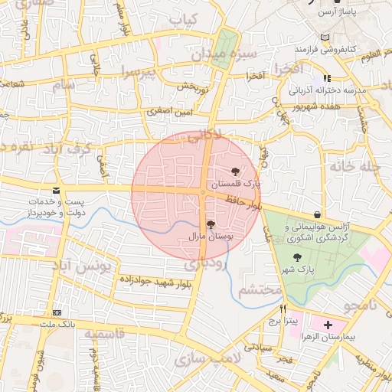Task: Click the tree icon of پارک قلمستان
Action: [x=235, y=172]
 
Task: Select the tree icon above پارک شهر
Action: [x=297, y=257]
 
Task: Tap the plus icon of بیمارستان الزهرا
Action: [x=328, y=325]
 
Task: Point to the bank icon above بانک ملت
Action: [x=57, y=312]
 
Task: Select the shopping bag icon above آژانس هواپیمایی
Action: [x=317, y=214]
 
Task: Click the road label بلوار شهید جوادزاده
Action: [x=154, y=279]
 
